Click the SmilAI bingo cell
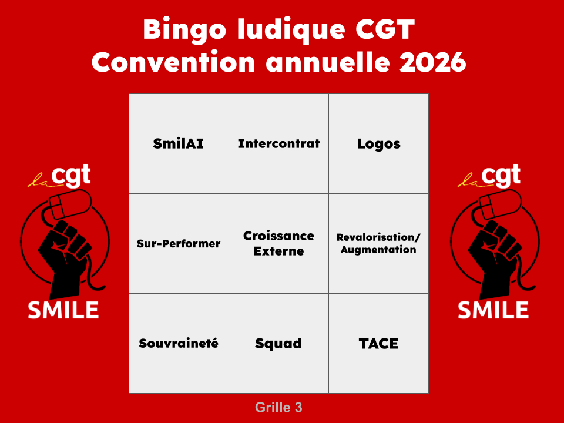coord(179,144)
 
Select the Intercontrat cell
coord(278,144)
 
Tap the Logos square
coord(378,144)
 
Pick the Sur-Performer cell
coord(179,243)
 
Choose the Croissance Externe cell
coord(278,243)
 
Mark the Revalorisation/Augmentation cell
coord(378,243)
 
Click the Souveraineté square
coord(179,343)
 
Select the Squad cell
coord(278,343)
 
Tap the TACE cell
coord(378,343)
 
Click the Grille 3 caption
coord(278,408)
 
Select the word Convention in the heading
coord(173,62)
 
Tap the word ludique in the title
coord(291,29)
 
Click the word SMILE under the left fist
coord(63,310)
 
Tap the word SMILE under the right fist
coord(493,310)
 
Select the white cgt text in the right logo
coord(501,175)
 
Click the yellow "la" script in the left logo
coord(39,180)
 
